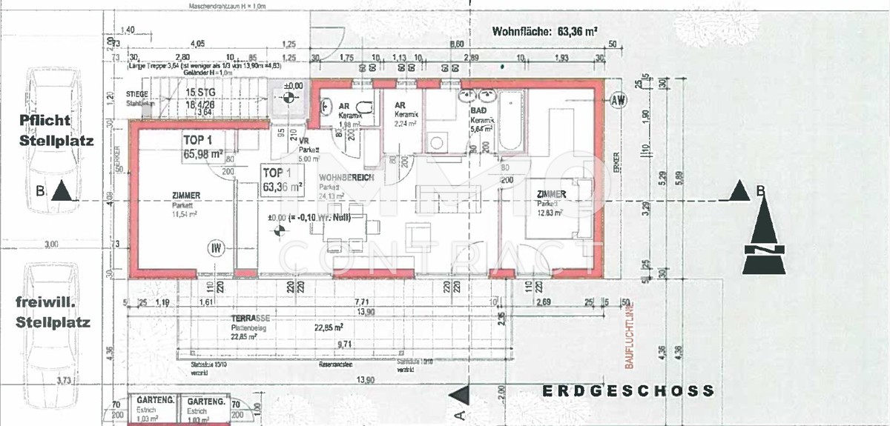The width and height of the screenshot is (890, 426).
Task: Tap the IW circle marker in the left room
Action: point(217,248)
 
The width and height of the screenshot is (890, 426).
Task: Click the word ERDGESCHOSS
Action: point(627,390)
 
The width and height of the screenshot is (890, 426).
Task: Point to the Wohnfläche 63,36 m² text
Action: point(546,32)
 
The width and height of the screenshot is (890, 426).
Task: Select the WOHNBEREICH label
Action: point(346,179)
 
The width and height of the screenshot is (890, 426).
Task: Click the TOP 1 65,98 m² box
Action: point(202,147)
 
